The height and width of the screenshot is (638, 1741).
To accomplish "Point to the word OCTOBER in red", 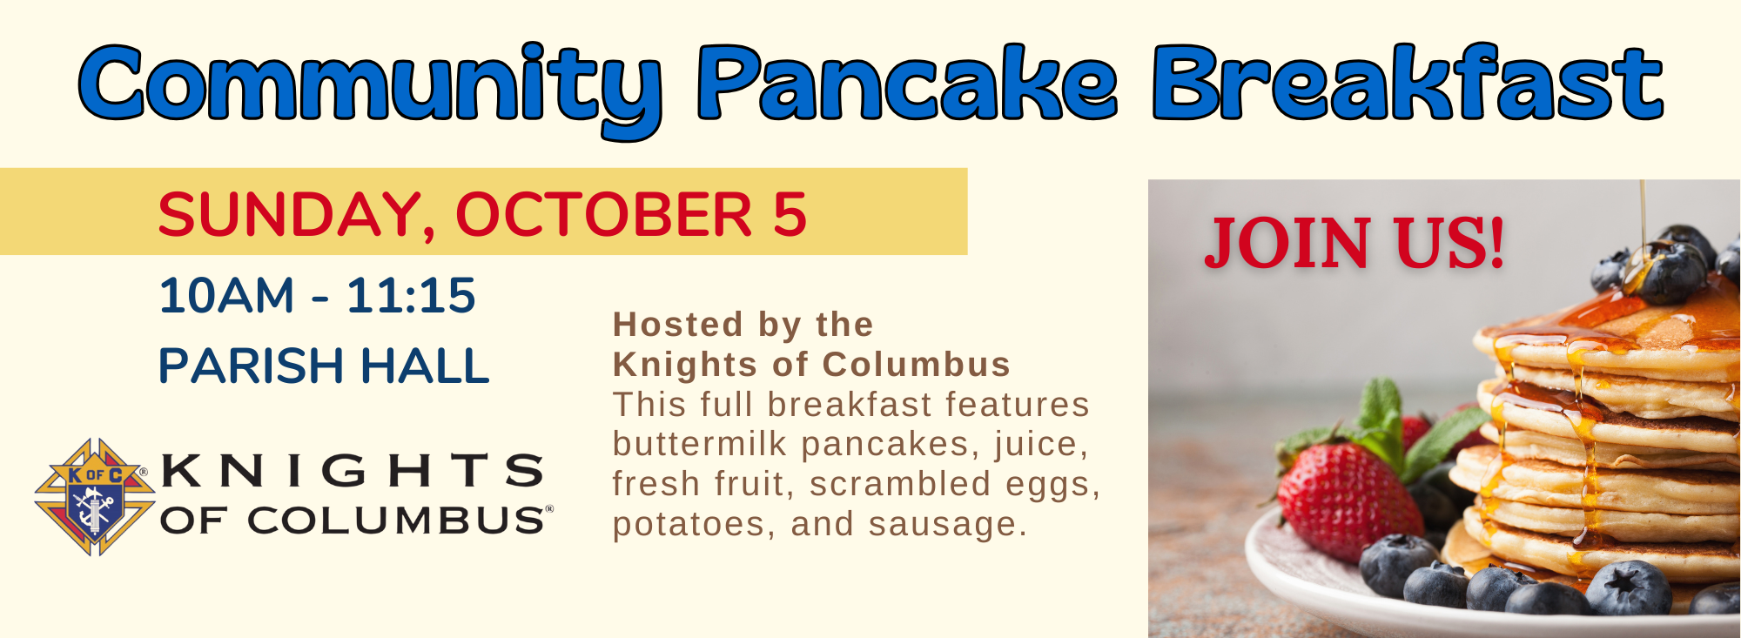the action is point(603,215).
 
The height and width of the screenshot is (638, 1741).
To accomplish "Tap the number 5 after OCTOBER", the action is point(790,215).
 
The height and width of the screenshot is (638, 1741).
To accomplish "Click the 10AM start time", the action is point(226,295).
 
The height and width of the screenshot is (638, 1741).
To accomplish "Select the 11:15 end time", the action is point(411,295).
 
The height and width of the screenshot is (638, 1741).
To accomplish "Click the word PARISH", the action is point(252,365).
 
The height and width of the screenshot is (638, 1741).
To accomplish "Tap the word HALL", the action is point(425,365).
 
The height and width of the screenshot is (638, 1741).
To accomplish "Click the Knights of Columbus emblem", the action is point(94,497).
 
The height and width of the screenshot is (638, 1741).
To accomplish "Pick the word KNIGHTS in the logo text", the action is point(353,470).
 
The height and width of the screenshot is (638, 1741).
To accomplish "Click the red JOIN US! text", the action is point(1354,243).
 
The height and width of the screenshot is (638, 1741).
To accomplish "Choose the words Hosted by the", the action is point(743,325).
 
